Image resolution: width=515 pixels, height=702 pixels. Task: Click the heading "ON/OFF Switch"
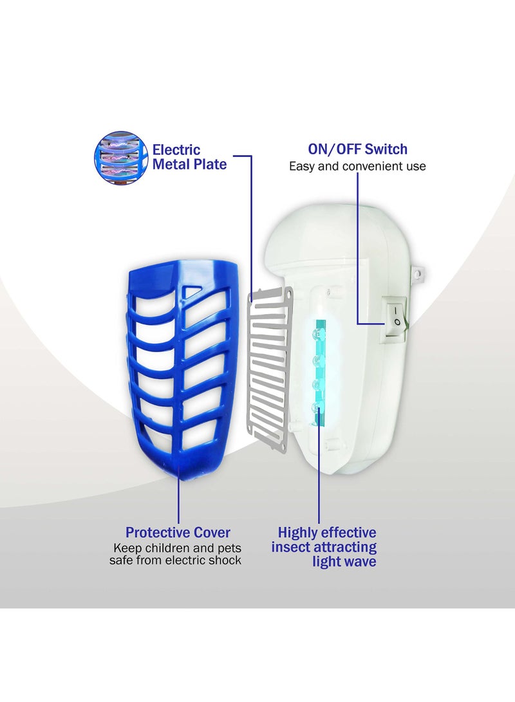click(x=357, y=149)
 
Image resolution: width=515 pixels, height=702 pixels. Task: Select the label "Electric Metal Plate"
click(x=189, y=157)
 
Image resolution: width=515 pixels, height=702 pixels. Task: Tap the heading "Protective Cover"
click(x=178, y=533)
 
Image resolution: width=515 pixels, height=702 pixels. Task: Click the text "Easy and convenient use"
click(x=357, y=167)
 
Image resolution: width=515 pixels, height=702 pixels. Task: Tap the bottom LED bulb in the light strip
click(x=316, y=406)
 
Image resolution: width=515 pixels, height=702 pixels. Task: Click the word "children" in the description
click(x=166, y=548)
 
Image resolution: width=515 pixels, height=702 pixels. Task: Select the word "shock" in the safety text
click(x=226, y=560)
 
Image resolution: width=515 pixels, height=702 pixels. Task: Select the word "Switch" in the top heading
click(x=386, y=149)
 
